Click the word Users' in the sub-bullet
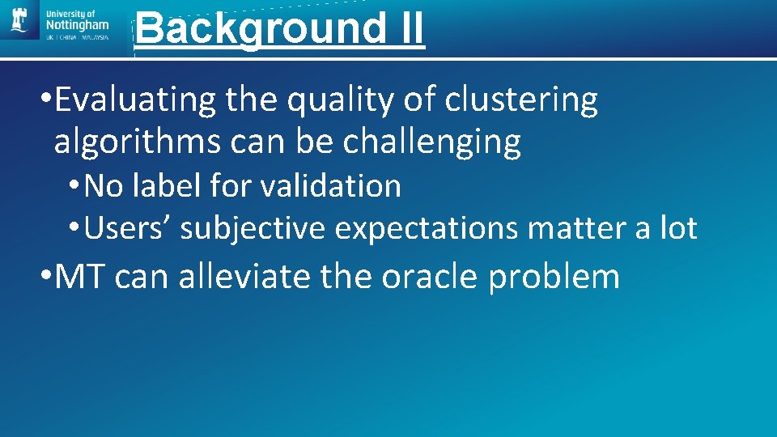(127, 229)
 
